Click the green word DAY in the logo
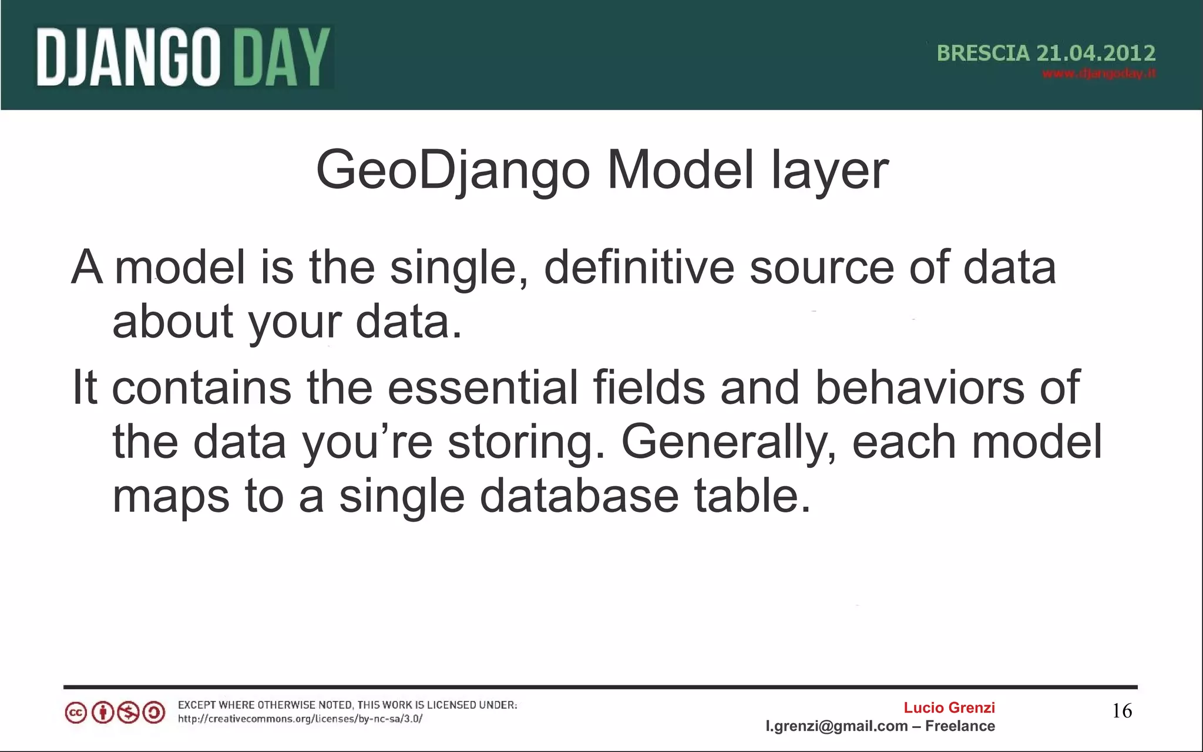[x=282, y=58]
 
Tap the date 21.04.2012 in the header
[x=1096, y=53]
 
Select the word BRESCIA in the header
[x=983, y=53]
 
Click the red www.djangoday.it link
[x=1098, y=74]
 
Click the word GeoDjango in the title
[x=452, y=171]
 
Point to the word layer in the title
[x=829, y=171]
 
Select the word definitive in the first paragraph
[x=639, y=268]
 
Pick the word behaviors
[x=920, y=387]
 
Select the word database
[x=579, y=497]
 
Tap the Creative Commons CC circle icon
[x=76, y=713]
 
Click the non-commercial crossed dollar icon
[x=128, y=713]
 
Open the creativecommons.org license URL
[x=300, y=719]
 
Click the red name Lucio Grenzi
[x=949, y=708]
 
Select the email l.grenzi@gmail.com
[x=836, y=727]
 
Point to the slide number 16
[x=1122, y=711]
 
